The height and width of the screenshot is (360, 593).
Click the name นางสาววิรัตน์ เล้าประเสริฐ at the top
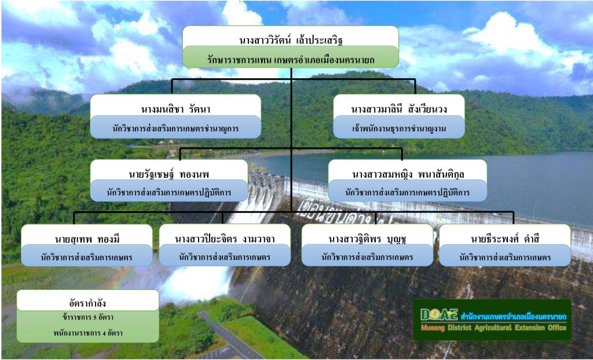291,40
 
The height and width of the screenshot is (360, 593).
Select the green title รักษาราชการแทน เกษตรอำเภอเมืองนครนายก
291,60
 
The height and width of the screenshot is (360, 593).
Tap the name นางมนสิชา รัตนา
176,109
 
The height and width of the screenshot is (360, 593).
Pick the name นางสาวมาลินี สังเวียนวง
399,109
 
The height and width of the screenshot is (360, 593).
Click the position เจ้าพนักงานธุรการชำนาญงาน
399,128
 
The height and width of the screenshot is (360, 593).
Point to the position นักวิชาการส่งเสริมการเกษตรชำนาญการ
175,128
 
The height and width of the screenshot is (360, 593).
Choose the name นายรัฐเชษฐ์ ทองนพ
169,174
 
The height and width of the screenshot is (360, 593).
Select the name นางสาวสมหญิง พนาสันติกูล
408,174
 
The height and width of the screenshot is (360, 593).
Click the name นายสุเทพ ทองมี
87,240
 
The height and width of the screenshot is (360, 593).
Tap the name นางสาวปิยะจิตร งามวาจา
225,239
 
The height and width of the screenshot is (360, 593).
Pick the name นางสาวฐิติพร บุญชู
367,240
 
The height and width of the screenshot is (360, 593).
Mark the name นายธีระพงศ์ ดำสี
505,239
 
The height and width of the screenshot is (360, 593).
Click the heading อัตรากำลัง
87,303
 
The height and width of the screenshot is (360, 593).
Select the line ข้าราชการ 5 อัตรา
88,317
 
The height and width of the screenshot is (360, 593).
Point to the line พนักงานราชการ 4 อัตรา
88,333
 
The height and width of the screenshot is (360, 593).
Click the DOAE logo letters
439,314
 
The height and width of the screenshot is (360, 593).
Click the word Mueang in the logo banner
433,328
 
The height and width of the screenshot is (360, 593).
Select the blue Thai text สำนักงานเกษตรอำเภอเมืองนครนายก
514,316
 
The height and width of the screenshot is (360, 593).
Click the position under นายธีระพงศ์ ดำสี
505,258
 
